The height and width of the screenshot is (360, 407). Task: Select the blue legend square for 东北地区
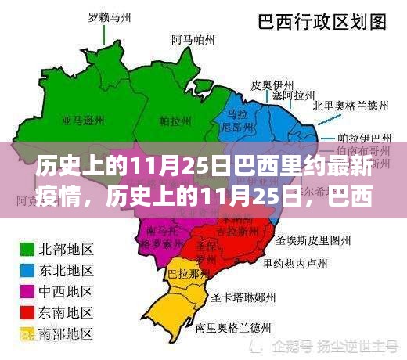coord(26,271)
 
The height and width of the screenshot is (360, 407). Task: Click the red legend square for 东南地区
coord(26,312)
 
